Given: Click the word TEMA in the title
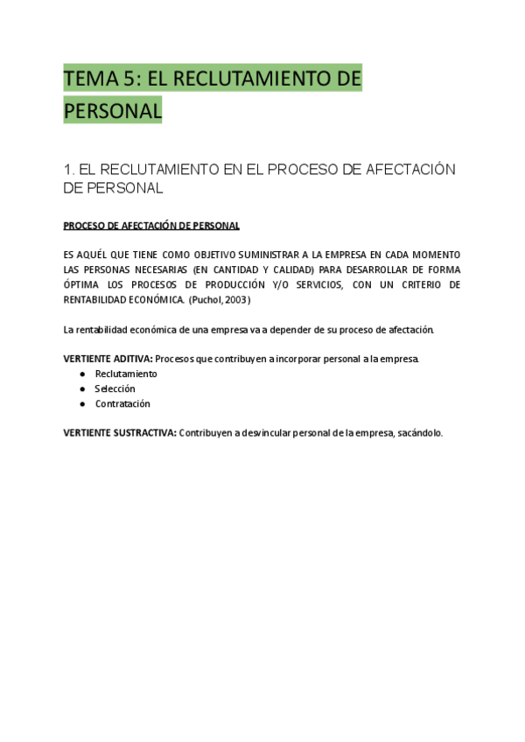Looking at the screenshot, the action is tap(90, 79).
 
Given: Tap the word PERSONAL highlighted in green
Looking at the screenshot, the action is tap(113, 111).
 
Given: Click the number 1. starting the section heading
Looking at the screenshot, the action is tap(69, 169).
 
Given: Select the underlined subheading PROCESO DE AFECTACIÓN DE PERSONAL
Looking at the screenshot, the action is tap(151, 226).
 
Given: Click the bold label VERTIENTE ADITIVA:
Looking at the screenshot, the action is tap(108, 359).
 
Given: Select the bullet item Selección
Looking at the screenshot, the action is tap(115, 388).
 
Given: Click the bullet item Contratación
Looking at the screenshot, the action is tap(122, 403).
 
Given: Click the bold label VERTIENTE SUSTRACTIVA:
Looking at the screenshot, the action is tap(120, 432).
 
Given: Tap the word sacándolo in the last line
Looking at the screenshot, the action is tap(420, 432).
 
